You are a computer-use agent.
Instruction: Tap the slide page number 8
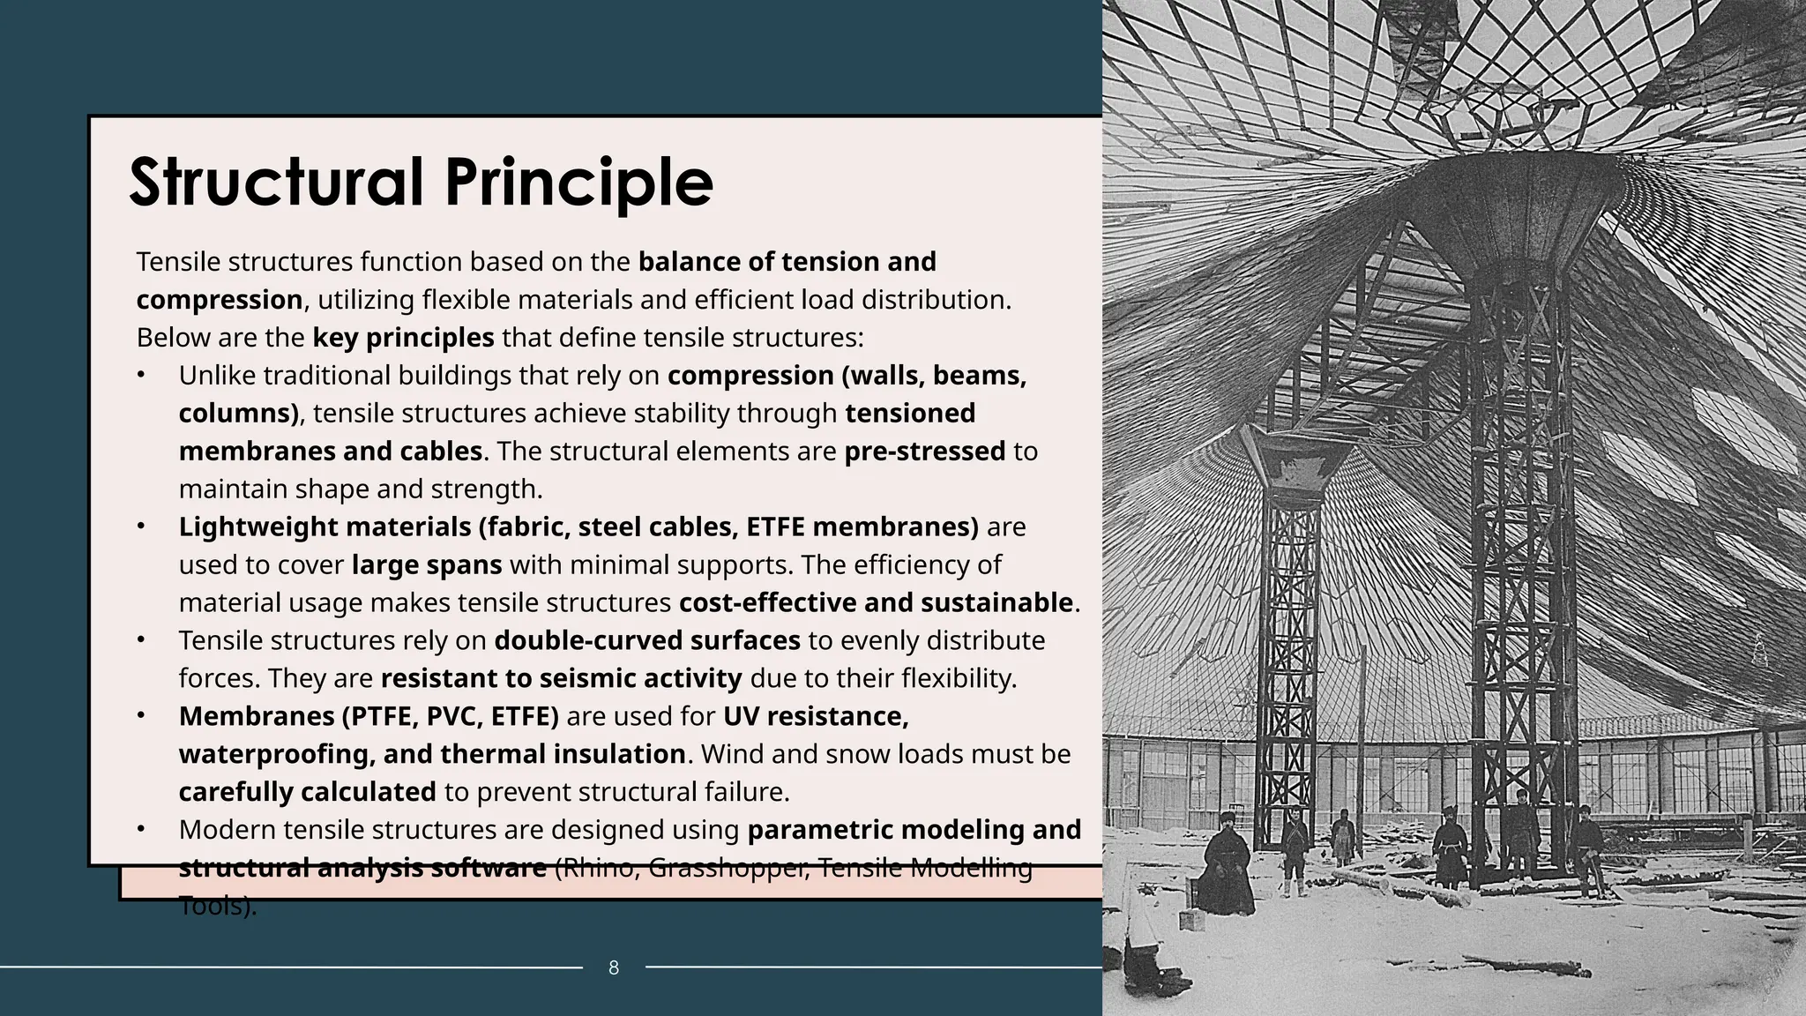pos(614,968)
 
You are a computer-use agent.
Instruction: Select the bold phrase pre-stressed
pos(924,452)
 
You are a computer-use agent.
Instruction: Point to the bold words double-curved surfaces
pos(646,640)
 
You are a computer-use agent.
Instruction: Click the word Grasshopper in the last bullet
pos(728,868)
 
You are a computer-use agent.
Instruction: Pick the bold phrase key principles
pos(403,338)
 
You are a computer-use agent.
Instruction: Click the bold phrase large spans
pos(427,564)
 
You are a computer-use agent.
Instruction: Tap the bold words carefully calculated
pos(307,792)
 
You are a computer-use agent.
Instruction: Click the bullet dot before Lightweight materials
pos(140,527)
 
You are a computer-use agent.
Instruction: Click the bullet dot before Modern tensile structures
pos(140,830)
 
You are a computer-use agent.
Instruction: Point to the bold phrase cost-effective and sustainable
pos(876,602)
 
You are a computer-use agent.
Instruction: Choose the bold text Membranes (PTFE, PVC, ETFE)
pos(369,716)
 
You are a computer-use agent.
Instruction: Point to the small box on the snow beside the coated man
pos(1190,920)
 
